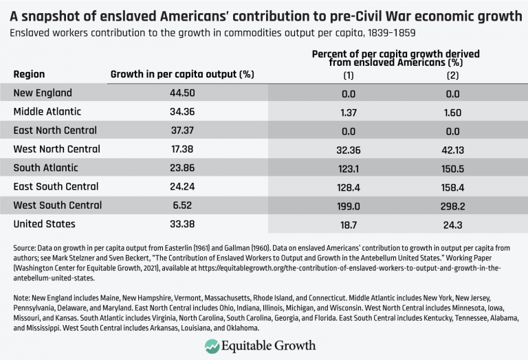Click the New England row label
point(43,93)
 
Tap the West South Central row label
point(58,205)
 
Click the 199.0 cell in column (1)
point(348,205)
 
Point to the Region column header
point(29,74)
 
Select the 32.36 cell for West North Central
point(348,149)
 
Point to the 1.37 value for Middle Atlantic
point(348,111)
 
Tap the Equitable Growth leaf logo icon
point(212,346)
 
